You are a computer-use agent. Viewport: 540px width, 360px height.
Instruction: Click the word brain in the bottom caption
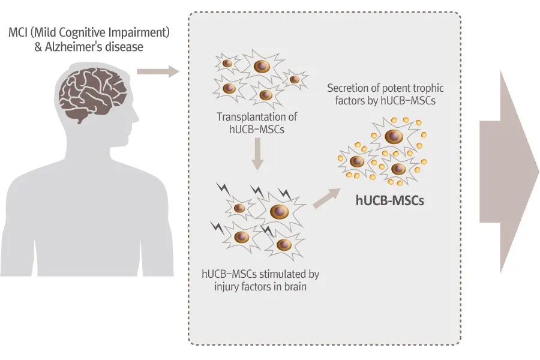[x=295, y=286]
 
